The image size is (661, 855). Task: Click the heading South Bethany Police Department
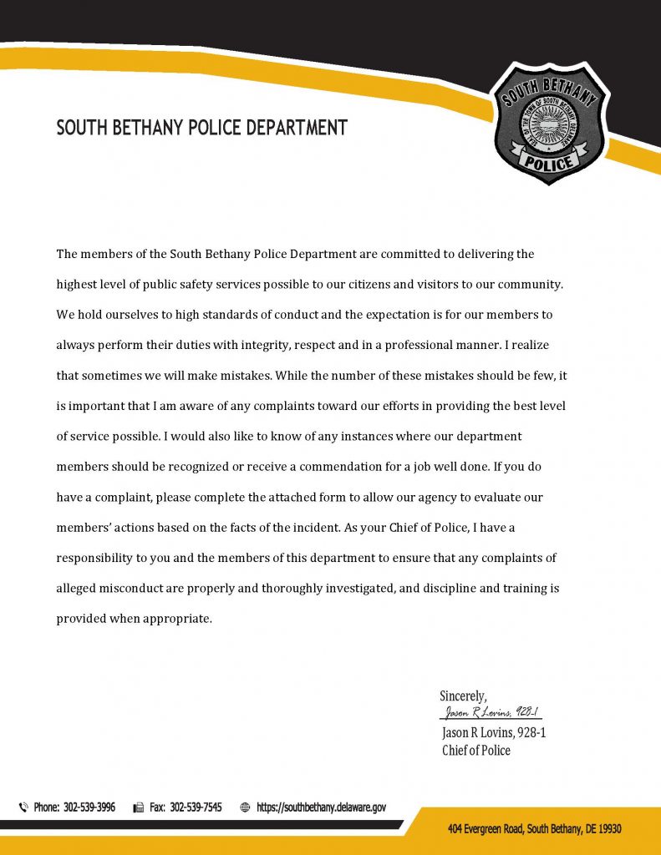pos(201,128)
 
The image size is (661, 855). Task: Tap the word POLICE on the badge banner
pos(549,161)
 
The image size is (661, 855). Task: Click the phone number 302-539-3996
pos(89,807)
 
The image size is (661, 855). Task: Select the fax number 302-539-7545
pos(196,807)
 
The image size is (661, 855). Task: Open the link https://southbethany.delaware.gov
pos(321,807)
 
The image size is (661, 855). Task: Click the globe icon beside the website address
pos(245,807)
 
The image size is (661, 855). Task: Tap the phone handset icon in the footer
pos(23,807)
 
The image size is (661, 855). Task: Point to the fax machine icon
pos(139,807)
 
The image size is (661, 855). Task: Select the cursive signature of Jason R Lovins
pos(491,712)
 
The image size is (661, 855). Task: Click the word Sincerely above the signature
pos(463,696)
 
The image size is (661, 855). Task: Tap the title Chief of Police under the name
pos(475,750)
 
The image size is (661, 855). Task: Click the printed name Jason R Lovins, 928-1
pos(493,732)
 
